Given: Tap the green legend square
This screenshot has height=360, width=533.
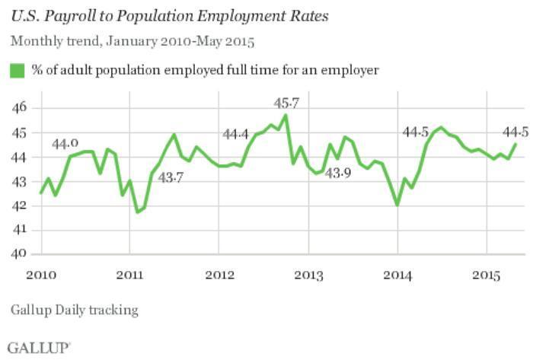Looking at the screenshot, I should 17,71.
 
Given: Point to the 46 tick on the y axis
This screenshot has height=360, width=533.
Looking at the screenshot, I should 20,108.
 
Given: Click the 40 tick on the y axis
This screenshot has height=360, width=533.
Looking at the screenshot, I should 20,254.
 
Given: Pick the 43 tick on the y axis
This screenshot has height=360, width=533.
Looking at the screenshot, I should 20,181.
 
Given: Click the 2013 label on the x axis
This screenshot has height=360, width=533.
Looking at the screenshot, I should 308,273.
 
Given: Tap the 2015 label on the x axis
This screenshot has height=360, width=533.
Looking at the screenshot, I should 487,273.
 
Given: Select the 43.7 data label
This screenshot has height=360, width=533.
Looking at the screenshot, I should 171,177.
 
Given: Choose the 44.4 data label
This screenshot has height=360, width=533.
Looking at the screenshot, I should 236,135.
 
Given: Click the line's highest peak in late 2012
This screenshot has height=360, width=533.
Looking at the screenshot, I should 286,115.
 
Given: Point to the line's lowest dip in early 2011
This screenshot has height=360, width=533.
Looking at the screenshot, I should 137,212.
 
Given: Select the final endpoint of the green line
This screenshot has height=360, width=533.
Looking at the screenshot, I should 515,144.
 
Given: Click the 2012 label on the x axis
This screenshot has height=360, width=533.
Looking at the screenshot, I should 219,273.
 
